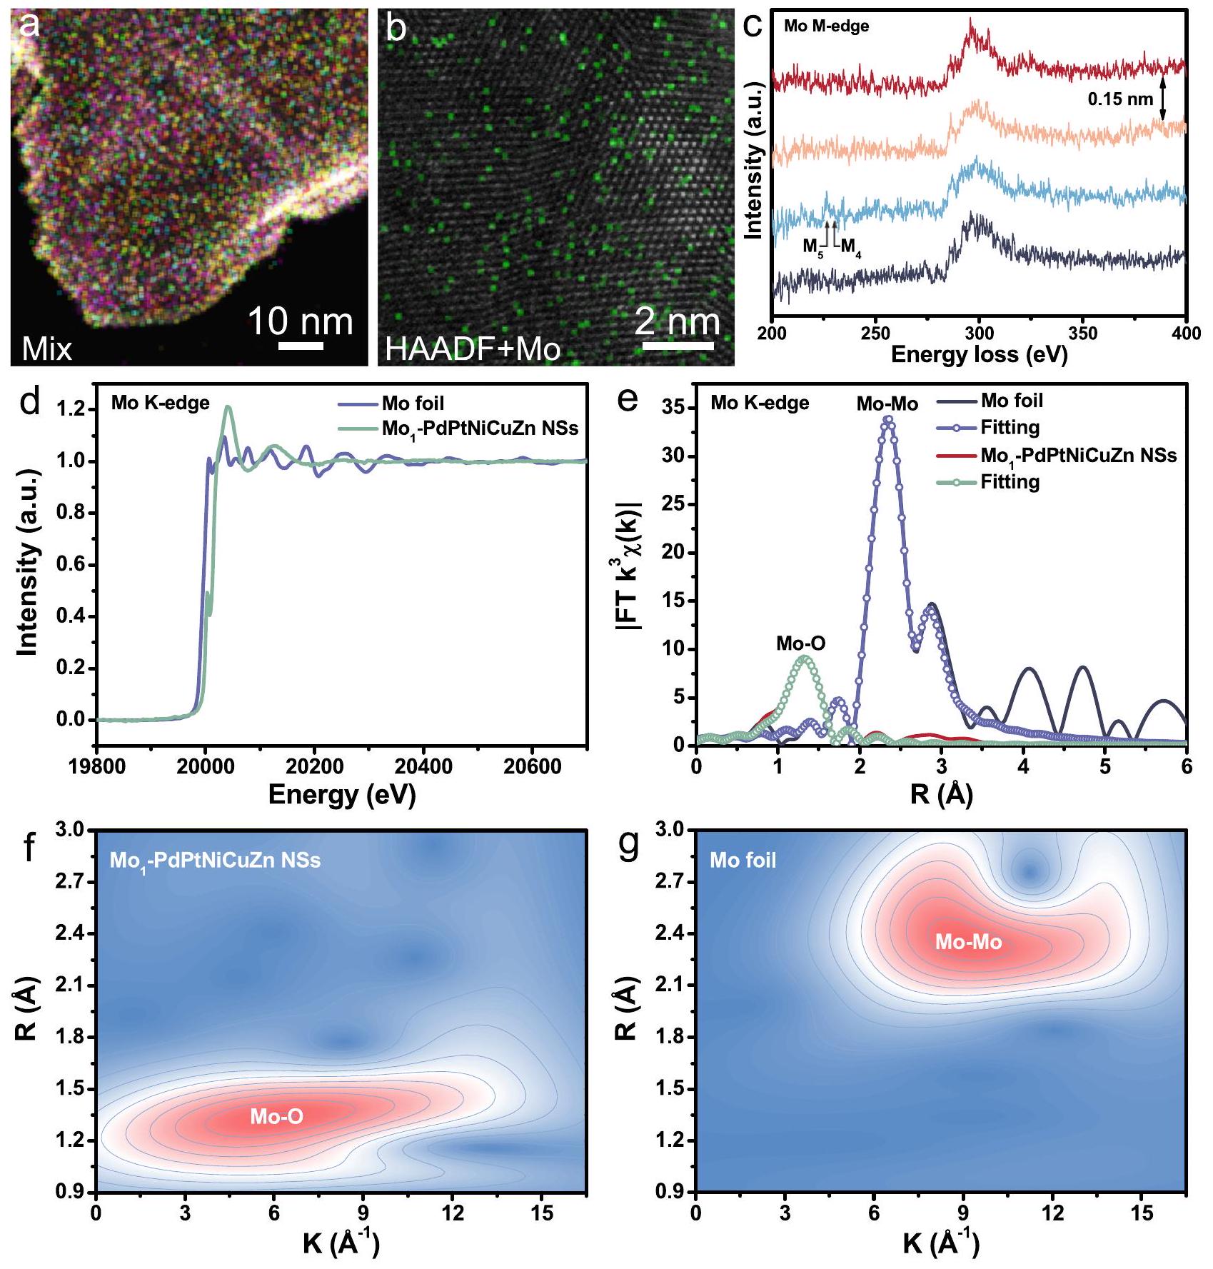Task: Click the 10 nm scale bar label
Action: coord(300,321)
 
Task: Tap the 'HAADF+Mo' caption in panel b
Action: coord(473,348)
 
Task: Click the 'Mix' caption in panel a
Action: coord(47,348)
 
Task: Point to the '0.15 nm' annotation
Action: coord(1120,99)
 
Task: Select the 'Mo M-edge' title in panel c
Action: coord(826,26)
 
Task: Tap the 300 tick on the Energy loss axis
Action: coord(979,333)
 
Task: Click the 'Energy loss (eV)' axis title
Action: coord(979,354)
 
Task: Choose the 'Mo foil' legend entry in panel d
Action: coord(413,403)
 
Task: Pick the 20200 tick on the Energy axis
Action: coord(314,767)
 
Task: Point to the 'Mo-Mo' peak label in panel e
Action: coord(887,404)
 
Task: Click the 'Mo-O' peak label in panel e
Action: coord(800,643)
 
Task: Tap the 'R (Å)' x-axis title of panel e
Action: coord(941,794)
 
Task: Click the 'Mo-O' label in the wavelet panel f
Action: coord(276,1116)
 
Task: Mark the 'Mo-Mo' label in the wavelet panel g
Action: coord(968,942)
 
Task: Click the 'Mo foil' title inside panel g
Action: coord(743,860)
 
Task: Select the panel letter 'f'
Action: coord(29,848)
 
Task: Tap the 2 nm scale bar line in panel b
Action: coord(678,346)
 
